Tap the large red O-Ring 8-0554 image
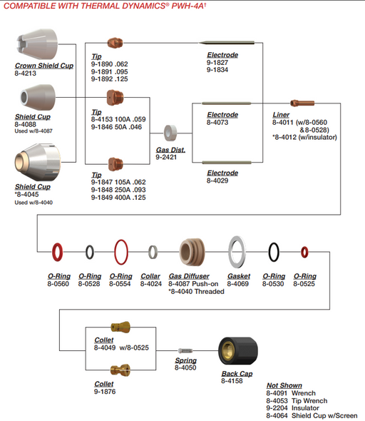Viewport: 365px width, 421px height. [x=121, y=252]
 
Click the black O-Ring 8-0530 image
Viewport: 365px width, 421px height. [x=274, y=252]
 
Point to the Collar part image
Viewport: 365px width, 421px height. [x=153, y=252]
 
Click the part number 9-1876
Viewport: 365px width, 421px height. [x=106, y=392]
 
